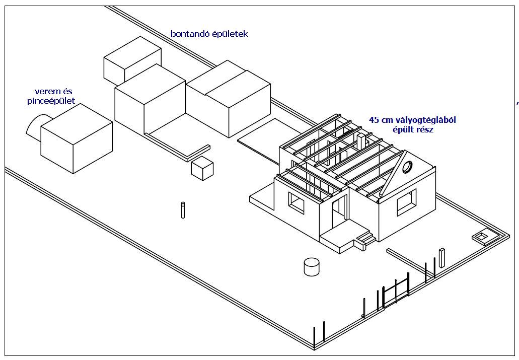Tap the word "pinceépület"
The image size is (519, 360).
tap(51, 101)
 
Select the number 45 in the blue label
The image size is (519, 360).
tap(374, 120)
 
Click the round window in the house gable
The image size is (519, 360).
tap(407, 166)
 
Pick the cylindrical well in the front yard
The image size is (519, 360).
tap(312, 266)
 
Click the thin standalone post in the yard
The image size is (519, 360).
tap(183, 210)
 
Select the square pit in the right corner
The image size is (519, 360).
tap(482, 237)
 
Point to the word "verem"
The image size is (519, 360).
tap(44, 92)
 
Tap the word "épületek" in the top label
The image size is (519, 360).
tap(230, 34)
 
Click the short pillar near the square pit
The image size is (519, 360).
tap(442, 257)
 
